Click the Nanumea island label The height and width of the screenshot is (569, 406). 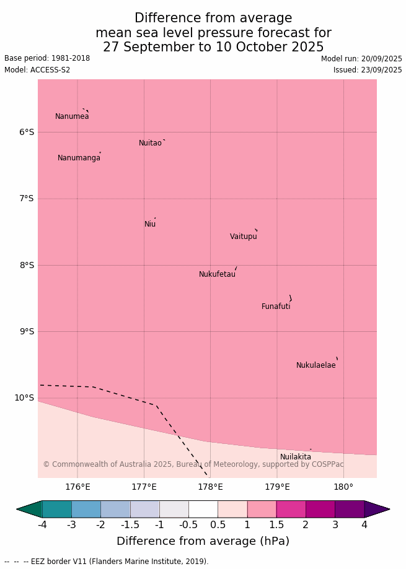point(72,116)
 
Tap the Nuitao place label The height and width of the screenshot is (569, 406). point(150,143)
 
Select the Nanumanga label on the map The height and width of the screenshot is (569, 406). point(79,158)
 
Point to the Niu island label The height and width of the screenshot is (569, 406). point(150,224)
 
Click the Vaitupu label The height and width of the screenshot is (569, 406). point(243,237)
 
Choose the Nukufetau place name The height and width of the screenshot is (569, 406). point(217,274)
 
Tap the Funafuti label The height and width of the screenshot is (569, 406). point(276,306)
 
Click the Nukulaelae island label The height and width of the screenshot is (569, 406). point(316,365)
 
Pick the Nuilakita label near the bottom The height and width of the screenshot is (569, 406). point(296,457)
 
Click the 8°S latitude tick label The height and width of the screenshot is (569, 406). point(26,265)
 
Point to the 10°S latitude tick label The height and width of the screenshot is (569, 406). point(24,398)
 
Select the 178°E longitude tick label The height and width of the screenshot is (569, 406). point(210,487)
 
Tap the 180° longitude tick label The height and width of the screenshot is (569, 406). point(343,487)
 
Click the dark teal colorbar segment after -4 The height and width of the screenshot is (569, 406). point(57,509)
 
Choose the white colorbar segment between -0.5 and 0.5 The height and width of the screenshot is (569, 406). point(203,509)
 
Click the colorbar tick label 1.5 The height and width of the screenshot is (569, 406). point(276,525)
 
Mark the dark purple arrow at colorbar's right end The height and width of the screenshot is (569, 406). point(376,509)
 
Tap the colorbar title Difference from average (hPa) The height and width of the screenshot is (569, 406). point(203,541)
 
